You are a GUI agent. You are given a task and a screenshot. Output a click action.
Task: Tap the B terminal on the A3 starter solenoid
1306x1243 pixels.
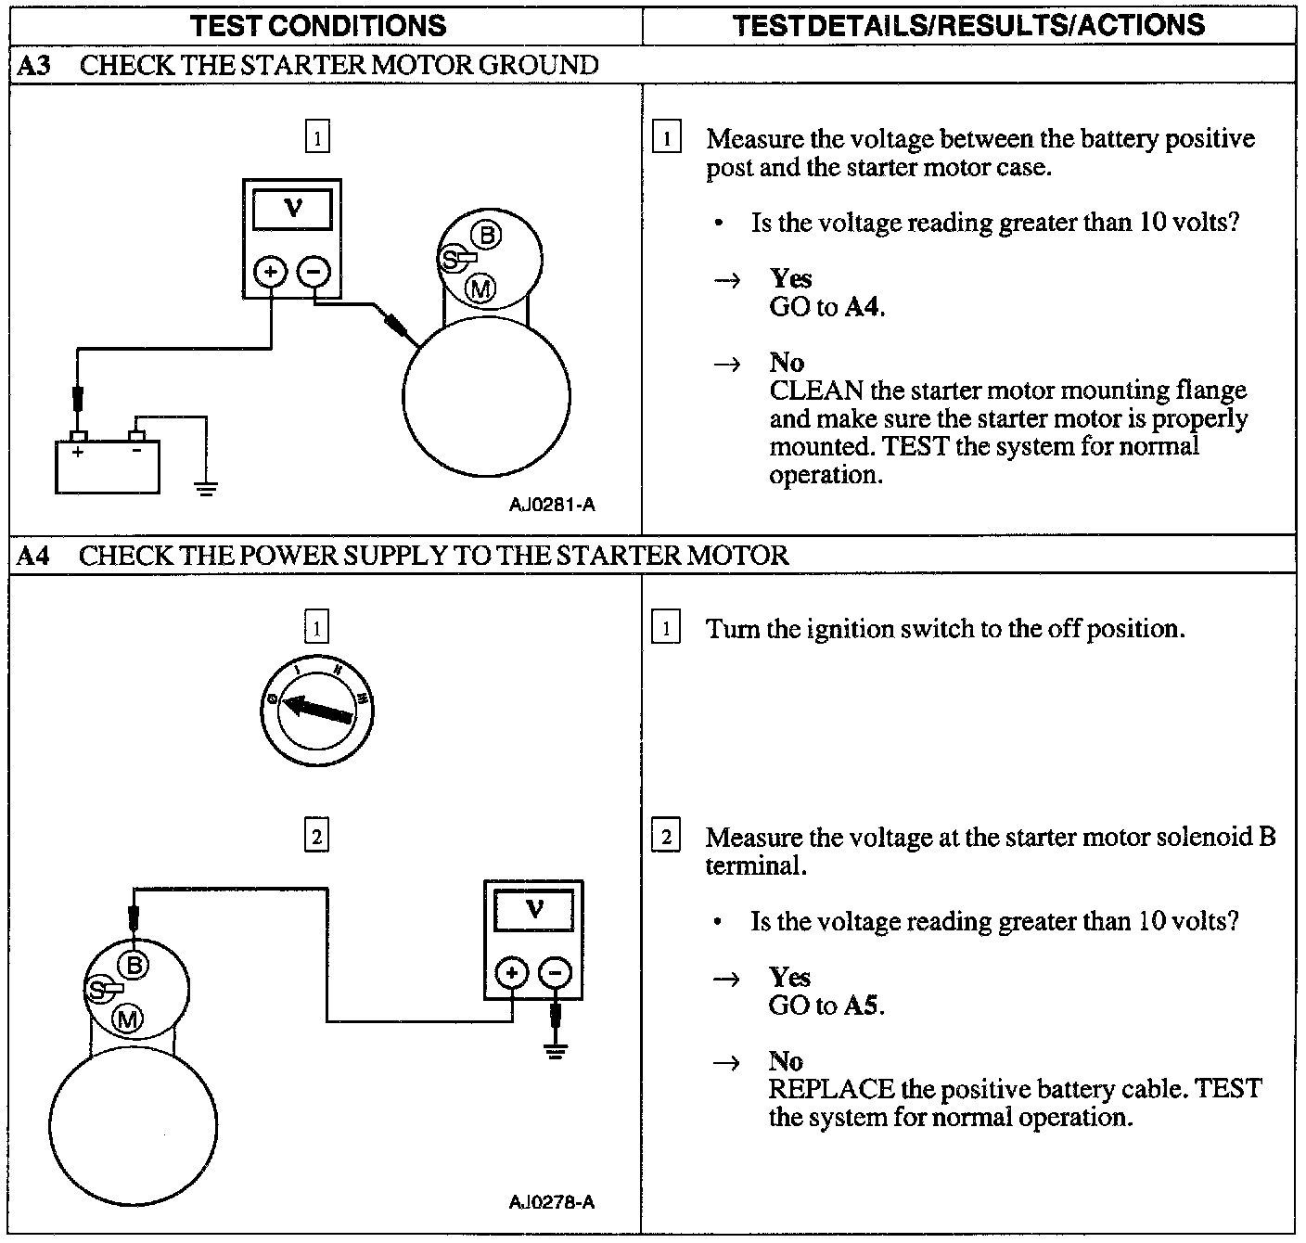coord(488,235)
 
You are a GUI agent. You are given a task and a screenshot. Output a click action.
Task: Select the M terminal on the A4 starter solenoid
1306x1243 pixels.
coord(128,1019)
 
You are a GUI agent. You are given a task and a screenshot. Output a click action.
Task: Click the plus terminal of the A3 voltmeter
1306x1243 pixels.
coord(271,272)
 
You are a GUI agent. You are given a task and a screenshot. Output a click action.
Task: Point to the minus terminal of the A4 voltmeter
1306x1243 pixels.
coord(555,973)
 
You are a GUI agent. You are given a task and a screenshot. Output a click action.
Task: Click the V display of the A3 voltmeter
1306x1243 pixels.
coord(292,209)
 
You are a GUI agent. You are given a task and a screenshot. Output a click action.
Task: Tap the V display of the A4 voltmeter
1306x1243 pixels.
coord(534,910)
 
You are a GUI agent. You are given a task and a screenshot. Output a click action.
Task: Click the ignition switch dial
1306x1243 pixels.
coord(317,711)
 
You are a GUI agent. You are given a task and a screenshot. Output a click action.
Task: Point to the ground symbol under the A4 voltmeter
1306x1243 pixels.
coord(555,1051)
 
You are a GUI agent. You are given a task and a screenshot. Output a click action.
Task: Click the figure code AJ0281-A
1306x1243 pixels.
coord(552,506)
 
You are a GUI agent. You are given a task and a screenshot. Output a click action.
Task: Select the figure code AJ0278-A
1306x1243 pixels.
coord(552,1202)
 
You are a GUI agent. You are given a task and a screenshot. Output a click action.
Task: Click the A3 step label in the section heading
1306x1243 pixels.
coord(34,65)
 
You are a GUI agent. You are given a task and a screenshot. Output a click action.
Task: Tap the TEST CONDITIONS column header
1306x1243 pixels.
coord(318,25)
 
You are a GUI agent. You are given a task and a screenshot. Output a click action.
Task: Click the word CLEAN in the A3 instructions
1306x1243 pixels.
coord(816,391)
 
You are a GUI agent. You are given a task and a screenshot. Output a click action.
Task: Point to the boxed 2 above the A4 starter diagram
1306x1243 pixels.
coord(317,837)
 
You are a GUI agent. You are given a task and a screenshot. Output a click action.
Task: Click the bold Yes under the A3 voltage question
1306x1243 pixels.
coord(790,278)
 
